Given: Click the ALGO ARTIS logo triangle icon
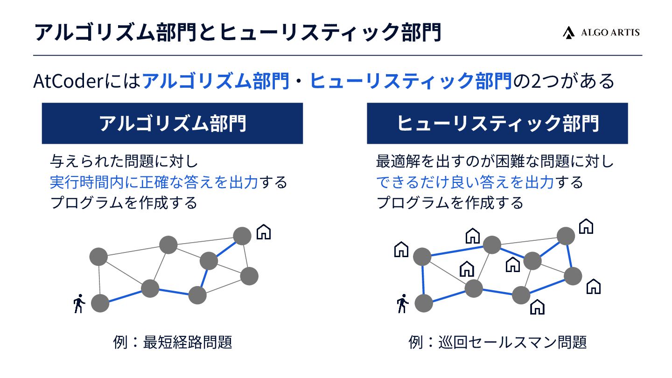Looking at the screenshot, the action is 568,32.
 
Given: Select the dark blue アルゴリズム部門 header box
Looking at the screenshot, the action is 172,123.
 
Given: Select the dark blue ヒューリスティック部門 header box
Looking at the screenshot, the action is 497,123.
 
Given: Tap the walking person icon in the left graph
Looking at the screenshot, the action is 79,304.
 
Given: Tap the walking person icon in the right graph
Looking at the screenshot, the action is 402,304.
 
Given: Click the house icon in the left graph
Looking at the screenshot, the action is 264,231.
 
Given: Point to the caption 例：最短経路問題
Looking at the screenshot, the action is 173,343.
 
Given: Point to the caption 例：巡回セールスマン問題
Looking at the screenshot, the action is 497,343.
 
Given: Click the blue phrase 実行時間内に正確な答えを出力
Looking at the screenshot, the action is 154,182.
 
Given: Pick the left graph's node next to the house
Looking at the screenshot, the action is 242,236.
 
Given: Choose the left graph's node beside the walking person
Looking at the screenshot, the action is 100,303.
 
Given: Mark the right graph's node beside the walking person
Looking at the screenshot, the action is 424,303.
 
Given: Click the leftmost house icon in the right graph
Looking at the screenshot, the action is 401,250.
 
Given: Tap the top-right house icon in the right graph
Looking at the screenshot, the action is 586,226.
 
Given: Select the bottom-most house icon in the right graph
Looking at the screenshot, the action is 538,307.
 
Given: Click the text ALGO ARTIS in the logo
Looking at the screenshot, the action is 610,32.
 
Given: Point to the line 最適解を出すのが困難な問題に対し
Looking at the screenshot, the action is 495,162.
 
